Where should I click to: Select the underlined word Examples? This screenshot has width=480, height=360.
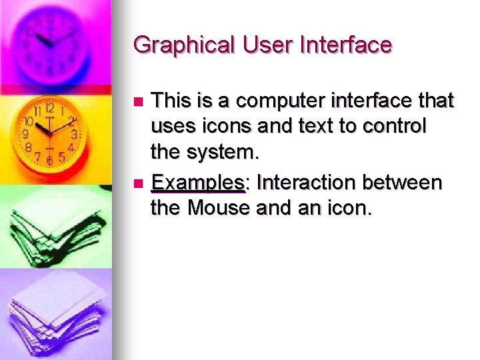tap(198, 183)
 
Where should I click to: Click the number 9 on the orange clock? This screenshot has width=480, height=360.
tap(27, 134)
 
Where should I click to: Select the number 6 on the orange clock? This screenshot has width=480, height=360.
tap(49, 161)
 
